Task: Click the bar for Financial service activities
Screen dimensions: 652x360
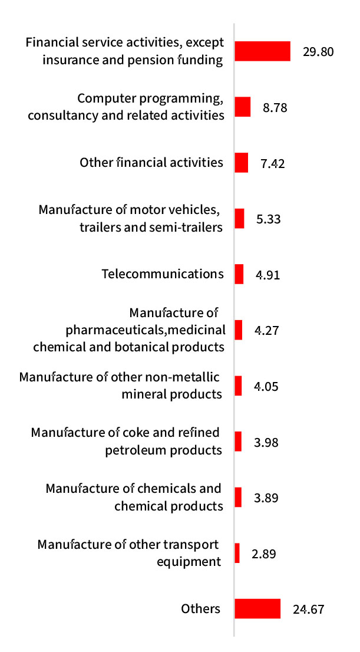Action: pyautogui.click(x=262, y=51)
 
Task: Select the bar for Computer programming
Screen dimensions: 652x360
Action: pyautogui.click(x=243, y=107)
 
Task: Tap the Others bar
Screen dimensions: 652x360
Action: pyautogui.click(x=257, y=609)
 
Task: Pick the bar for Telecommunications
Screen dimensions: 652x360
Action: pyautogui.click(x=239, y=274)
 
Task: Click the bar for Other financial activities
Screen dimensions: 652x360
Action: pyautogui.click(x=242, y=163)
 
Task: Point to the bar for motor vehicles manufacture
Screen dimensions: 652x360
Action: pyautogui.click(x=239, y=219)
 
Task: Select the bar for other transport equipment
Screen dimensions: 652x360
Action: pyautogui.click(x=237, y=553)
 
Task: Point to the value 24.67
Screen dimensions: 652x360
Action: pyautogui.click(x=308, y=610)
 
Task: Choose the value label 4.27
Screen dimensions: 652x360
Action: pyautogui.click(x=266, y=331)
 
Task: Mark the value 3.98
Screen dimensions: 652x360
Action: pyautogui.click(x=266, y=442)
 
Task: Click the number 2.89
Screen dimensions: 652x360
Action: pyautogui.click(x=263, y=554)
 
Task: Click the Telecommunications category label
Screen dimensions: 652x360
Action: pyautogui.click(x=163, y=274)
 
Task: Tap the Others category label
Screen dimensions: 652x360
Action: pyautogui.click(x=200, y=609)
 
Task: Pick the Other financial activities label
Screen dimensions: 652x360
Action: pyautogui.click(x=151, y=163)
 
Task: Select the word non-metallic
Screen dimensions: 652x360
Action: pyautogui.click(x=190, y=377)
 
